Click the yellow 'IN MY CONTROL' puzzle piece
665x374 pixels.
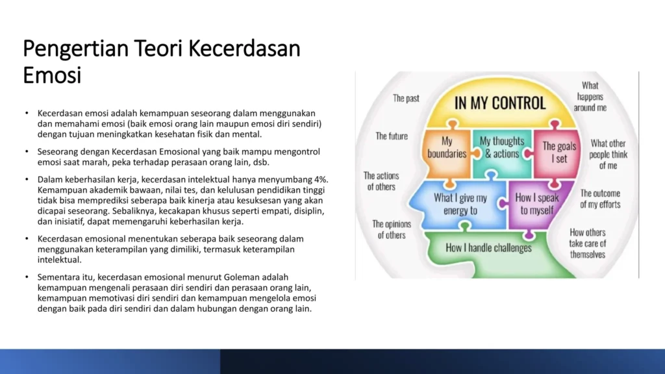tap(501, 103)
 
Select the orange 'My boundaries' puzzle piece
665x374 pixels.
tap(447, 153)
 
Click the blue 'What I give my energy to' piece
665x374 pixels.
tap(460, 205)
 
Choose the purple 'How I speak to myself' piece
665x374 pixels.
tap(537, 205)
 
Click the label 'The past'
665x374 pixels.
tap(406, 99)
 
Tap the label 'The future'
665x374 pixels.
tap(392, 136)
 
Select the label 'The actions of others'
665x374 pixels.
tap(381, 181)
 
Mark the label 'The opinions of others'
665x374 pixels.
tap(392, 229)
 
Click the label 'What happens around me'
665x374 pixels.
tap(590, 97)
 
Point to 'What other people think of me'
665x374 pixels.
tap(608, 155)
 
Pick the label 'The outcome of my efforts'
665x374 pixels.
tap(600, 199)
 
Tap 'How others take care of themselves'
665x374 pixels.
tap(587, 243)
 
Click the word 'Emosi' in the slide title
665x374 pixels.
tap(52, 75)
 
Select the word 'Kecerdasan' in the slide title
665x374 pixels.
tap(244, 48)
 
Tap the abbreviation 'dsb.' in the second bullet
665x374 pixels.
tap(261, 162)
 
